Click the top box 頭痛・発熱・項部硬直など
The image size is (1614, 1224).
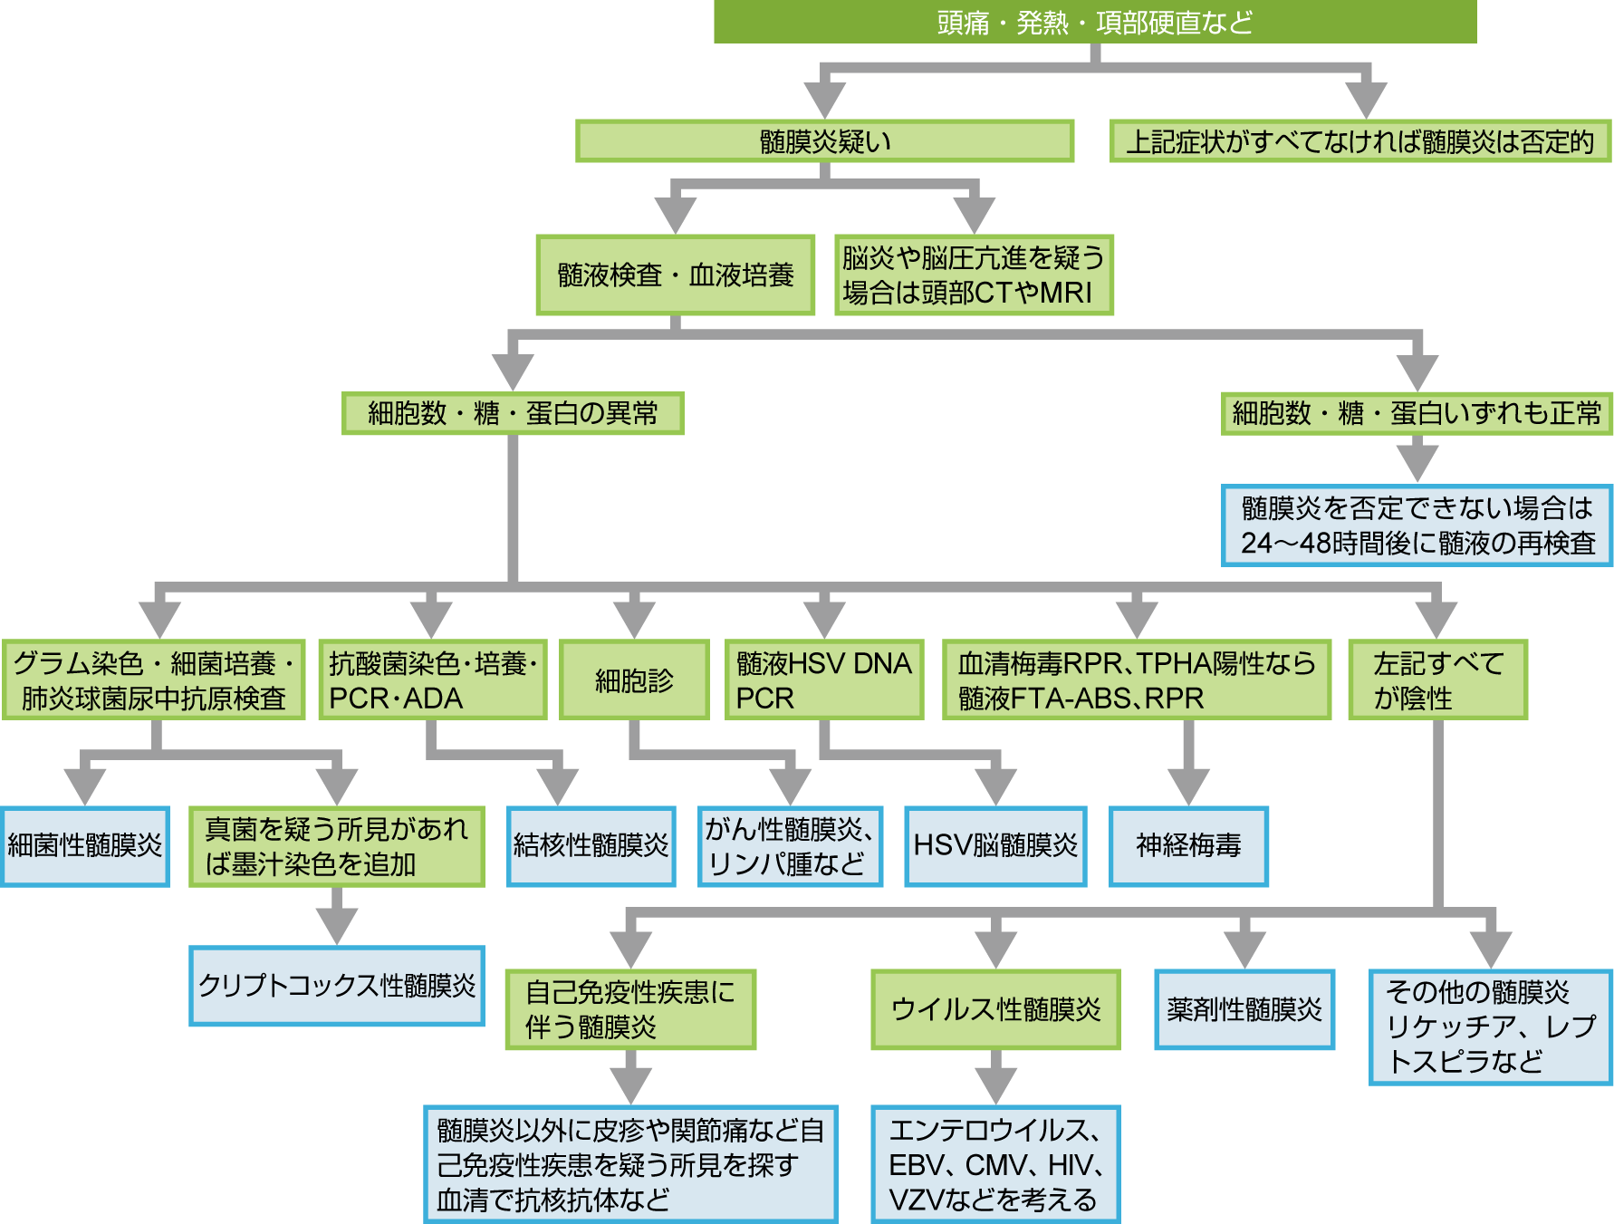1094,22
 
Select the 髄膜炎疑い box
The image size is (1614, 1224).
824,141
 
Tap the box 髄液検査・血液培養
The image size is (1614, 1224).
675,275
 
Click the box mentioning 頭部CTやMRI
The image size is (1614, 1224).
973,275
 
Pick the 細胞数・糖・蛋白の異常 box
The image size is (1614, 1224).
512,413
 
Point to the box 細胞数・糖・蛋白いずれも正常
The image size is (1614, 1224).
1416,413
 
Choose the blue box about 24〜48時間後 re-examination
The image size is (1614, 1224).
1417,525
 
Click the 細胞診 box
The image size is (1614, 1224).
633,679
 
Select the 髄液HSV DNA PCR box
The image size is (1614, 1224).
823,679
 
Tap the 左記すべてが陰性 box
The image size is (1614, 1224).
1437,679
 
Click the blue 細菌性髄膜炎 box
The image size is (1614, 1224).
84,845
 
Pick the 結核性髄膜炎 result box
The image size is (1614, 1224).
591,845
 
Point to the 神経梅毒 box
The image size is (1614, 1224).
1187,845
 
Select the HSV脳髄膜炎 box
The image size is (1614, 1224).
994,845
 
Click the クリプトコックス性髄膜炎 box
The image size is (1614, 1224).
336,985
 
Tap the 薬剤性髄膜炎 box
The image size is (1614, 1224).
1244,1008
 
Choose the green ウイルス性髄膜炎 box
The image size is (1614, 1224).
994,1008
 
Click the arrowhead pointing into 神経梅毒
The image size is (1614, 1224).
1188,786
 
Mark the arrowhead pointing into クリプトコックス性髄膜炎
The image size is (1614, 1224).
337,926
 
